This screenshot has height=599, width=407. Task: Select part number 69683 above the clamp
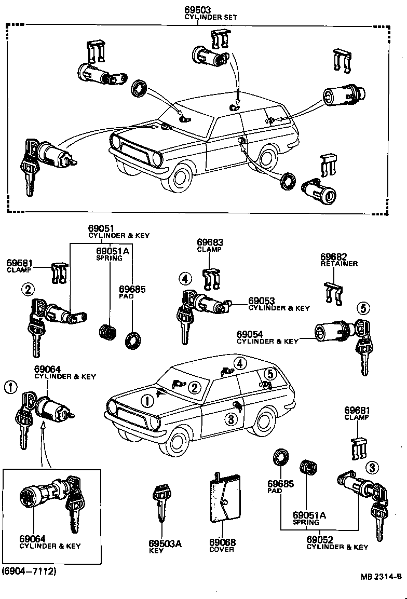pyautogui.click(x=209, y=242)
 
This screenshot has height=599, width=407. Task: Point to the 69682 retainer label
pyautogui.click(x=333, y=257)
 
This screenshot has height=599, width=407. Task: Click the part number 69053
pyautogui.click(x=261, y=301)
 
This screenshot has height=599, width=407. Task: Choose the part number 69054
pyautogui.click(x=250, y=334)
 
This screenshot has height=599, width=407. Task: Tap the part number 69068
pyautogui.click(x=222, y=542)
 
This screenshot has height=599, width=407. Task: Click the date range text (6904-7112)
pyautogui.click(x=29, y=571)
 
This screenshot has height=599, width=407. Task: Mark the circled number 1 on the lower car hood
pyautogui.click(x=147, y=400)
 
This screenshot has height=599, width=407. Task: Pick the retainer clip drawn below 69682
pyautogui.click(x=333, y=294)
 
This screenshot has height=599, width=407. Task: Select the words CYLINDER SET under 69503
pyautogui.click(x=211, y=17)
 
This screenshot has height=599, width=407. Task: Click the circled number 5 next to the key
pyautogui.click(x=363, y=308)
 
